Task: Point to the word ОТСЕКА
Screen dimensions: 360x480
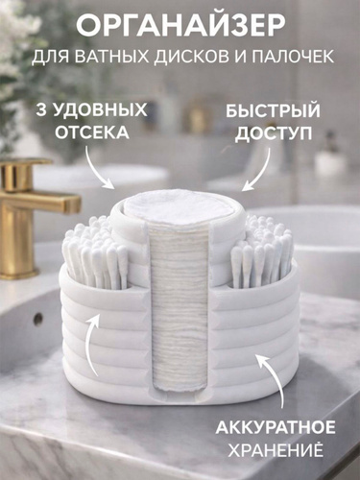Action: [92, 132]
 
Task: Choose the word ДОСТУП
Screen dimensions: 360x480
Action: [274, 132]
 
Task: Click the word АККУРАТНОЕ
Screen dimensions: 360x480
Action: [276, 427]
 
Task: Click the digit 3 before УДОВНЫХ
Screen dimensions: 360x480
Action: [41, 110]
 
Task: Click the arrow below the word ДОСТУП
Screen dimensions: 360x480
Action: [259, 169]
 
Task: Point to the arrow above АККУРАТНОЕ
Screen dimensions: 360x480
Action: [272, 377]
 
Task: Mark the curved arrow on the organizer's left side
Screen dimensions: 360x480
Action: [90, 340]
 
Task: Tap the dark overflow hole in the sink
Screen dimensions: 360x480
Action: [38, 318]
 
